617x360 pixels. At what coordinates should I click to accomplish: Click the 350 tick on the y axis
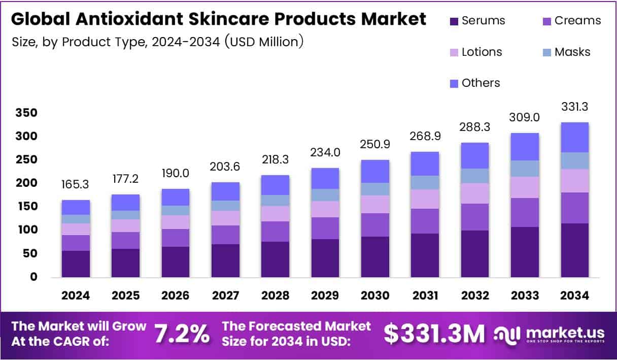click(x=26, y=113)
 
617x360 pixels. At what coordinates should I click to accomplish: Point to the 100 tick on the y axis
click(x=26, y=230)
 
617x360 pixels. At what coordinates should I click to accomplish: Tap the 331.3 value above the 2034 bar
click(x=574, y=107)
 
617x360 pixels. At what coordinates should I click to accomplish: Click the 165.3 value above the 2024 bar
click(x=76, y=185)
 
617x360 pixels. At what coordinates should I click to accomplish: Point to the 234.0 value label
click(x=325, y=153)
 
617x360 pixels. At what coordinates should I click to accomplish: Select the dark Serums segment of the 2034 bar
click(x=574, y=250)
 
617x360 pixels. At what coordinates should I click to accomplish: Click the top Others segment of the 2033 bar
click(x=525, y=147)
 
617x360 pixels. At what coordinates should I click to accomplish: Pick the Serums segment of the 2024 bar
click(x=76, y=264)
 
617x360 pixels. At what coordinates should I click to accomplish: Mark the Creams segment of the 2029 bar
click(x=325, y=228)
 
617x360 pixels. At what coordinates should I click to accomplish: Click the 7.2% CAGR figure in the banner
click(x=182, y=334)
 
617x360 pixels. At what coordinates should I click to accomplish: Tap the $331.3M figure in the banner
click(x=434, y=334)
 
